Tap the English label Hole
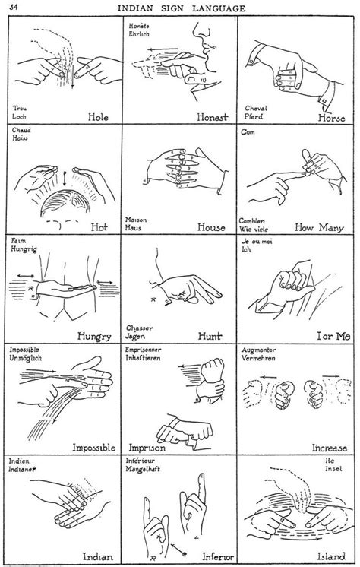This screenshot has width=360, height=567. [x=99, y=118]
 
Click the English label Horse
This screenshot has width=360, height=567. [x=330, y=118]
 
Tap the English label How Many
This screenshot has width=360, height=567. [x=321, y=225]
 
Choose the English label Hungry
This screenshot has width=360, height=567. [x=94, y=334]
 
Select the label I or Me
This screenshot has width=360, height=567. [x=326, y=334]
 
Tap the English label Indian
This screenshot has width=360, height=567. [x=96, y=556]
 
